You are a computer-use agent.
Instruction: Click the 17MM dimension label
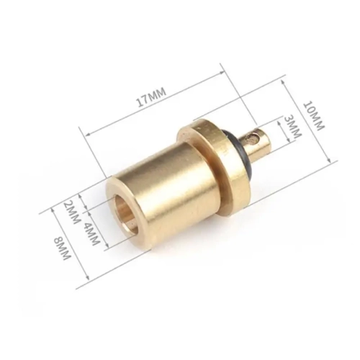pos(151,97)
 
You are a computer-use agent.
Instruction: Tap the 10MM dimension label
pos(314,115)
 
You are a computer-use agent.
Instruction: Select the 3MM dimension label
pos(292,127)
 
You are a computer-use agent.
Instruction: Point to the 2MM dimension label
pos(71,212)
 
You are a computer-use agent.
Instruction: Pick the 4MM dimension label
pos(91,233)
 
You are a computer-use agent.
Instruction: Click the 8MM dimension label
pos(63,248)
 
